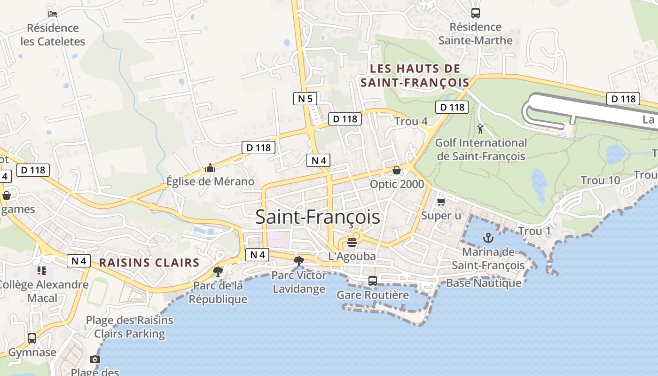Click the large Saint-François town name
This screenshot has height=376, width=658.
318,217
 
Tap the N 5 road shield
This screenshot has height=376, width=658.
305,99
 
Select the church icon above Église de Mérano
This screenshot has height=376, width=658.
210,168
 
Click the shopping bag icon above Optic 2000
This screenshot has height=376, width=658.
397,170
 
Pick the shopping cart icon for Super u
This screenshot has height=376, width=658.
441,202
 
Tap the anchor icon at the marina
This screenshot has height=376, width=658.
488,238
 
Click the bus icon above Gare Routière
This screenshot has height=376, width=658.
373,281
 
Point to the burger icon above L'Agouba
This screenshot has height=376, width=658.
352,243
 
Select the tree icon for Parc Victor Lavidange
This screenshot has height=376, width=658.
298,261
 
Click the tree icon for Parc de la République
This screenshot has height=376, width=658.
218,271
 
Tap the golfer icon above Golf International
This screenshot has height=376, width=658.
480,129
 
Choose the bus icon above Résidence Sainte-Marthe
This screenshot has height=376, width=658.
476,13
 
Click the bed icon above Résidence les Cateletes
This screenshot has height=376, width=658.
53,14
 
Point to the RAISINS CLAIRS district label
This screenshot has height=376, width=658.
149,263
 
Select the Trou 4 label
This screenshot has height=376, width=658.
411,121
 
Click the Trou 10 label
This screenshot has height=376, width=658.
600,180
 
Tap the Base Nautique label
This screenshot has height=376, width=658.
484,283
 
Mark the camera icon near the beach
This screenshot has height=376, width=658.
95,360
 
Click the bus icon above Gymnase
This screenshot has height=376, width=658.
32,338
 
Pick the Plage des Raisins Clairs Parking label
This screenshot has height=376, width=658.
129,327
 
